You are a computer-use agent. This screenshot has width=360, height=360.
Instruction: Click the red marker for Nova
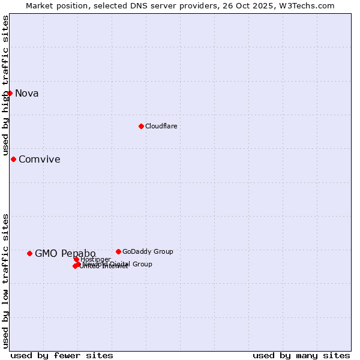click(x=10, y=93)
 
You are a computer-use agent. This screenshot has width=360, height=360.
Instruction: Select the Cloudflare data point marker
click(x=141, y=126)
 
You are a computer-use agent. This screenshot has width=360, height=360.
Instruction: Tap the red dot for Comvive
click(x=13, y=159)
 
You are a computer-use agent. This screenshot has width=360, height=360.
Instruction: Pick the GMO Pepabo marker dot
click(x=29, y=253)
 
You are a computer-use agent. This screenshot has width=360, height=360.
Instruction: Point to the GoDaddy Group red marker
click(x=118, y=251)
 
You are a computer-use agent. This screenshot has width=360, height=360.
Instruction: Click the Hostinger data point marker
click(x=76, y=259)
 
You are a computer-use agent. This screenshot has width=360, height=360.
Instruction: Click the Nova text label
click(x=27, y=93)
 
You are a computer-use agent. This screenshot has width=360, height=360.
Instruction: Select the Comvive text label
click(x=40, y=159)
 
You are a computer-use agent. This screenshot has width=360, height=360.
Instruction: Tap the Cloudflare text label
click(x=161, y=126)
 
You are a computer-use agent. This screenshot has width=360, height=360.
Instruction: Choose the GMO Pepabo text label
click(x=65, y=253)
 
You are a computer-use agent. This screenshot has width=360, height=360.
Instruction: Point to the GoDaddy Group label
click(x=148, y=251)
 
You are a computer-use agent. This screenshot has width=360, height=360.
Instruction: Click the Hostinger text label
click(x=96, y=259)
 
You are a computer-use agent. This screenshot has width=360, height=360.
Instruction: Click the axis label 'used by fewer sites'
click(x=62, y=356)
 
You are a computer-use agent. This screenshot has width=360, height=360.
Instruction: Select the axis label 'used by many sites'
click(x=301, y=356)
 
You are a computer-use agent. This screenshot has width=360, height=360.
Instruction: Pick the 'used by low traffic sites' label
click(x=6, y=281)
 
